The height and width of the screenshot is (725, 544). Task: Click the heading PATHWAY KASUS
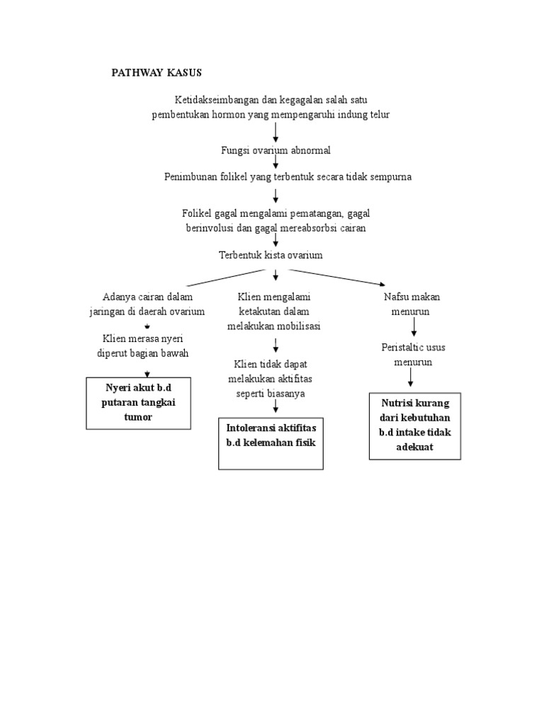(157, 73)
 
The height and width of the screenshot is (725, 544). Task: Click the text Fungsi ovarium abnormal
(276, 151)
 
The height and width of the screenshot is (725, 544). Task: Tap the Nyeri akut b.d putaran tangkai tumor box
(139, 404)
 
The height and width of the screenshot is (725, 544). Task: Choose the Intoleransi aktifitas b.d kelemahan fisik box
(271, 443)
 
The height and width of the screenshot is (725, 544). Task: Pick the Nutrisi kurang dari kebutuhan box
(414, 426)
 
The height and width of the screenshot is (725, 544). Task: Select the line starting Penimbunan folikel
(288, 177)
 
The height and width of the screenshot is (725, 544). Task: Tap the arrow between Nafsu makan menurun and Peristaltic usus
(414, 326)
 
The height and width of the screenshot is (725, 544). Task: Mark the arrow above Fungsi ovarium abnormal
(276, 132)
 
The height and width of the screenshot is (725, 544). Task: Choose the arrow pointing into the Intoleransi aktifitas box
(275, 407)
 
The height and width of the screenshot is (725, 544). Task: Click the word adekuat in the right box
(414, 447)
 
